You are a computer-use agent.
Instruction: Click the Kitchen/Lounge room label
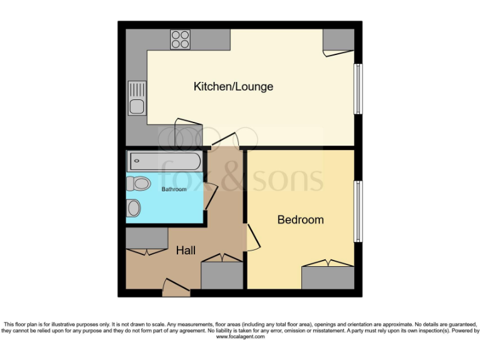click(x=233, y=87)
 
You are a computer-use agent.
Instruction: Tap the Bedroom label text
click(x=301, y=220)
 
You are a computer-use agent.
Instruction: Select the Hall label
click(x=186, y=251)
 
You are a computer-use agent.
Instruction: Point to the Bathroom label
click(x=174, y=189)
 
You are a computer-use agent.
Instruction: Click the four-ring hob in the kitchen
click(x=181, y=39)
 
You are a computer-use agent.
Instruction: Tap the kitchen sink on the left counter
click(x=136, y=98)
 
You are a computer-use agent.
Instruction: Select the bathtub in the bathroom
click(x=164, y=162)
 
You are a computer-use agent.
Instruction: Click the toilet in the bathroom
click(x=138, y=184)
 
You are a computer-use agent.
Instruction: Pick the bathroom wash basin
click(x=134, y=208)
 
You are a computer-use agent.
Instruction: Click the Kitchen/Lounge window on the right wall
click(x=358, y=88)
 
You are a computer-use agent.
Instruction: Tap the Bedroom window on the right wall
click(x=358, y=211)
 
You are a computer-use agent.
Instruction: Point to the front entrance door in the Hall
click(x=176, y=288)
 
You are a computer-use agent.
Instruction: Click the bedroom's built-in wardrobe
click(x=328, y=277)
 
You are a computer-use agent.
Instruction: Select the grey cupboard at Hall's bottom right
click(x=222, y=275)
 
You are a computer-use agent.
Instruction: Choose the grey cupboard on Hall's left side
click(x=147, y=238)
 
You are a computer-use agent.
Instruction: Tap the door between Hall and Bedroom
click(x=252, y=238)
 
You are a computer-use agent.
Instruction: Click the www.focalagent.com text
click(x=240, y=337)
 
